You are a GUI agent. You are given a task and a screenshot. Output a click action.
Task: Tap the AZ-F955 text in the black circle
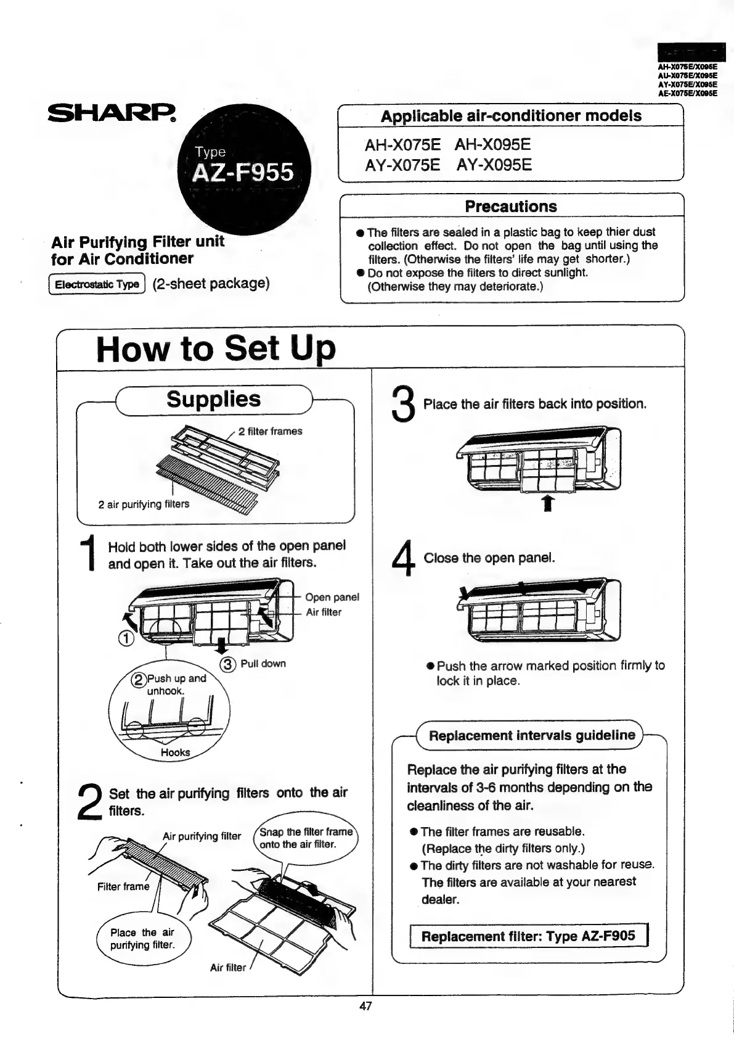click(243, 172)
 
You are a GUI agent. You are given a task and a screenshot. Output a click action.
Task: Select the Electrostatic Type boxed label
click(97, 284)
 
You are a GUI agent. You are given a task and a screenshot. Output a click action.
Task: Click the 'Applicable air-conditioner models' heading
click(510, 116)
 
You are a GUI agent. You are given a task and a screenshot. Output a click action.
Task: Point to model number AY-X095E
click(494, 165)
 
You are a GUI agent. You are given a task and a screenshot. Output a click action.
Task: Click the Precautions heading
click(510, 207)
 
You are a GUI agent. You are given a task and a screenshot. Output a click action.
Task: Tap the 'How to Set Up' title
click(216, 348)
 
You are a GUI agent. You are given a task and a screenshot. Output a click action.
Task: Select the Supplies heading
click(213, 400)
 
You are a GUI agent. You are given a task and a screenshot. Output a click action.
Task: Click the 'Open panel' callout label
click(332, 597)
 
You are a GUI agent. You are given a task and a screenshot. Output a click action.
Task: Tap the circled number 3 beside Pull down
click(228, 664)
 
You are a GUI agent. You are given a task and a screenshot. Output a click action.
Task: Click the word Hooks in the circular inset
click(175, 752)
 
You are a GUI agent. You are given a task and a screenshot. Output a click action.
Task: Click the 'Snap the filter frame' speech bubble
click(306, 838)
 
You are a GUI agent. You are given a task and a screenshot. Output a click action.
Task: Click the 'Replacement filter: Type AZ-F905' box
click(529, 936)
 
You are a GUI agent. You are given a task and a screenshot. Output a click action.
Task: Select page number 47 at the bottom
click(365, 1006)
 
